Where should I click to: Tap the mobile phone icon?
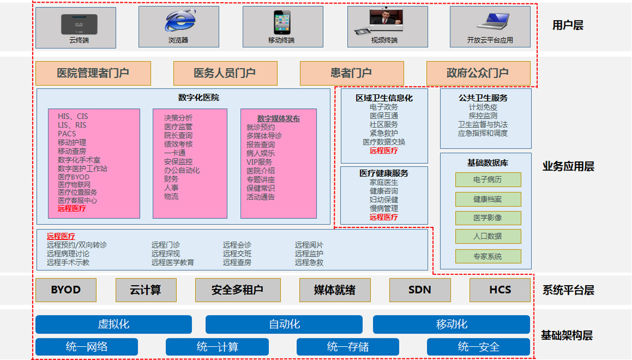tap(281, 22)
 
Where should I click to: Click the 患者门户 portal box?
tap(352, 73)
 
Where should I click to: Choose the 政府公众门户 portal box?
tap(478, 73)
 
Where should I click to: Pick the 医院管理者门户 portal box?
tap(93, 73)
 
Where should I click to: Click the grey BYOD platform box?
tap(66, 290)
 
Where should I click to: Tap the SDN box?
tap(419, 290)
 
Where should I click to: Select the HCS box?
tap(500, 290)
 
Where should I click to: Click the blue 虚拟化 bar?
tap(114, 324)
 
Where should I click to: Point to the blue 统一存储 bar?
tap(348, 347)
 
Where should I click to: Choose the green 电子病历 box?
tap(488, 179)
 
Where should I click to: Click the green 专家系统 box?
tap(488, 256)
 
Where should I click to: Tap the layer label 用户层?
tap(568, 25)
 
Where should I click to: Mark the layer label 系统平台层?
tap(568, 290)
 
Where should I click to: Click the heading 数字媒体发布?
tap(278, 118)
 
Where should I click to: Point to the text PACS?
tap(67, 134)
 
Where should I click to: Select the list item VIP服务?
tap(259, 162)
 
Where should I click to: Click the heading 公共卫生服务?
tap(483, 98)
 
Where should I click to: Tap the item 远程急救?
tap(309, 262)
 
